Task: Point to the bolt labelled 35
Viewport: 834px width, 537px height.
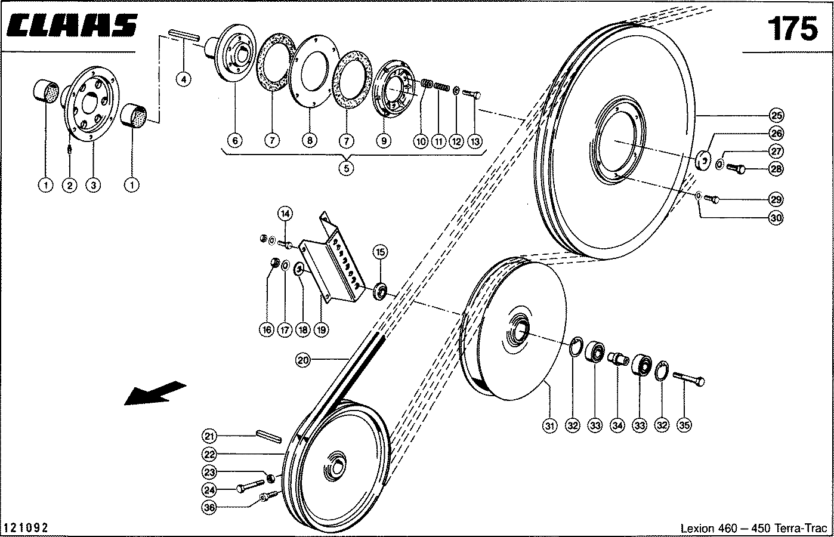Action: tap(688, 378)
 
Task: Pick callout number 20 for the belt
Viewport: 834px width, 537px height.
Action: tap(303, 359)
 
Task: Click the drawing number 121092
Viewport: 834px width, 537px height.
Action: tap(26, 528)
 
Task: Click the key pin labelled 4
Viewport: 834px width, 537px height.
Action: tap(183, 35)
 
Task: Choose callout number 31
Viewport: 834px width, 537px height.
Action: tap(549, 425)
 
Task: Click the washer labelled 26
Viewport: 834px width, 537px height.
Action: tap(703, 160)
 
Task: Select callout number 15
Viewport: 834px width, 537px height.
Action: tap(380, 252)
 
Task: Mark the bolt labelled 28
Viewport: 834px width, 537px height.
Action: tap(737, 169)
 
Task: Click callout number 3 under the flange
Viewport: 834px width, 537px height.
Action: tap(93, 185)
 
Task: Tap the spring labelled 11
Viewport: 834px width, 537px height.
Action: tap(440, 87)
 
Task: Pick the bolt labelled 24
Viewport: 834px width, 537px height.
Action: tap(250, 486)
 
